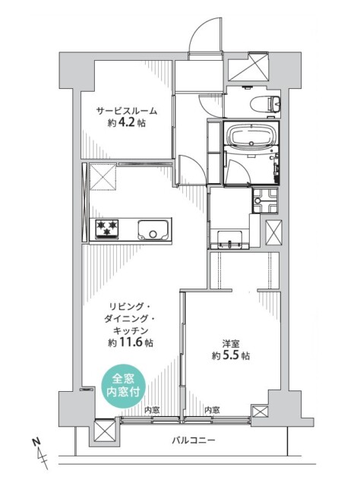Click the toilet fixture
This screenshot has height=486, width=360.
[265, 103]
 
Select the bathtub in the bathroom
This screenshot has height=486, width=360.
[251, 135]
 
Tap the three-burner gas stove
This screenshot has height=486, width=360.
[107, 229]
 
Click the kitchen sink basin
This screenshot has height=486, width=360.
[154, 229]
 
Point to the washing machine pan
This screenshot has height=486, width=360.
[265, 200]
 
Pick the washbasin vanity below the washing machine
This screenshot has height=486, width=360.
[229, 240]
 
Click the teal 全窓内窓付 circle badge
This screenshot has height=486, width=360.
[124, 385]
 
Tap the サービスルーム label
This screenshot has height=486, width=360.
[127, 111]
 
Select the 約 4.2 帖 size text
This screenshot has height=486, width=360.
[127, 123]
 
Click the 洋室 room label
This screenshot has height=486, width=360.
[230, 343]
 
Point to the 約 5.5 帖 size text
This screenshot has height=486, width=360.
[230, 355]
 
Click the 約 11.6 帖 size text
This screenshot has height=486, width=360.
[130, 342]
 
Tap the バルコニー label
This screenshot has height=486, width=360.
[194, 440]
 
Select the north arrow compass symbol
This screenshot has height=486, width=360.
[40, 453]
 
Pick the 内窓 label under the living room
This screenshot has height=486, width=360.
[152, 410]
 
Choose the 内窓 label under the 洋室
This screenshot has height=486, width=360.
[213, 410]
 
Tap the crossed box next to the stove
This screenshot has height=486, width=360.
[103, 176]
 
